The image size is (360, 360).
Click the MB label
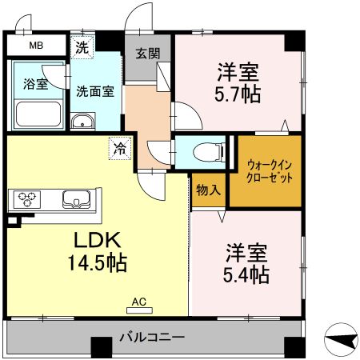[x=36, y=46]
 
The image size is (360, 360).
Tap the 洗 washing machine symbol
[x=82, y=46]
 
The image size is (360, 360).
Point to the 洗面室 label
[x=94, y=90]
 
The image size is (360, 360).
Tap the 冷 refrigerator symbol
[x=119, y=147]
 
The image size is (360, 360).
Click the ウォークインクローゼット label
[x=266, y=170]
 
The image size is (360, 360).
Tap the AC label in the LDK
[x=138, y=302]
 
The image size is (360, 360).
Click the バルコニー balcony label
[x=152, y=336]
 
